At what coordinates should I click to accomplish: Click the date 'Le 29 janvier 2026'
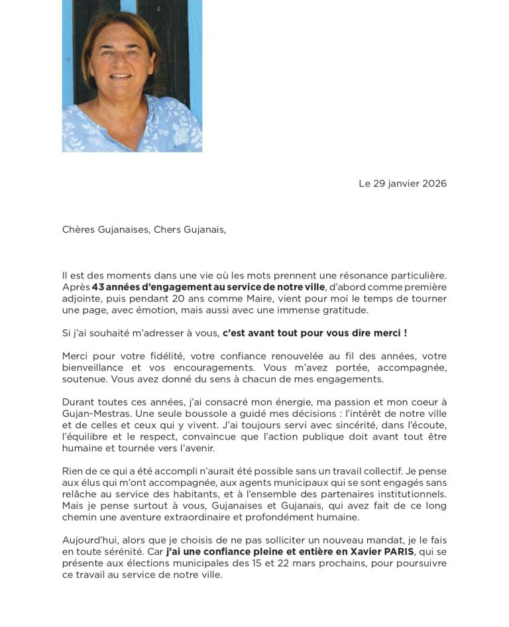click(x=402, y=184)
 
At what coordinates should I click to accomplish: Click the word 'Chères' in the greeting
click(x=78, y=230)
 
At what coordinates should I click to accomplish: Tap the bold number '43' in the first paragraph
click(x=99, y=287)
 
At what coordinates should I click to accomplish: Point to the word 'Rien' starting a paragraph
click(x=73, y=471)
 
